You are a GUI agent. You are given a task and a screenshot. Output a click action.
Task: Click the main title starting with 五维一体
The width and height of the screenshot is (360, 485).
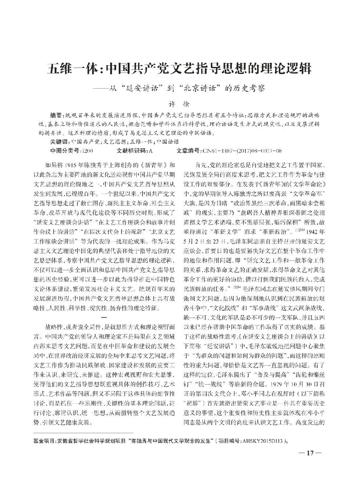click(180, 68)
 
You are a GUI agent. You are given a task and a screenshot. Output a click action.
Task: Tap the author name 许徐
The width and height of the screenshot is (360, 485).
click(180, 105)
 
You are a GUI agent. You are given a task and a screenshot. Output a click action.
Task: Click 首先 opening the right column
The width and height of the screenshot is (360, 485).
click(202, 164)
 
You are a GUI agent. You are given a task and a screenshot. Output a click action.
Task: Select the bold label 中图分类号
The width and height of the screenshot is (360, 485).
click(64, 151)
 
